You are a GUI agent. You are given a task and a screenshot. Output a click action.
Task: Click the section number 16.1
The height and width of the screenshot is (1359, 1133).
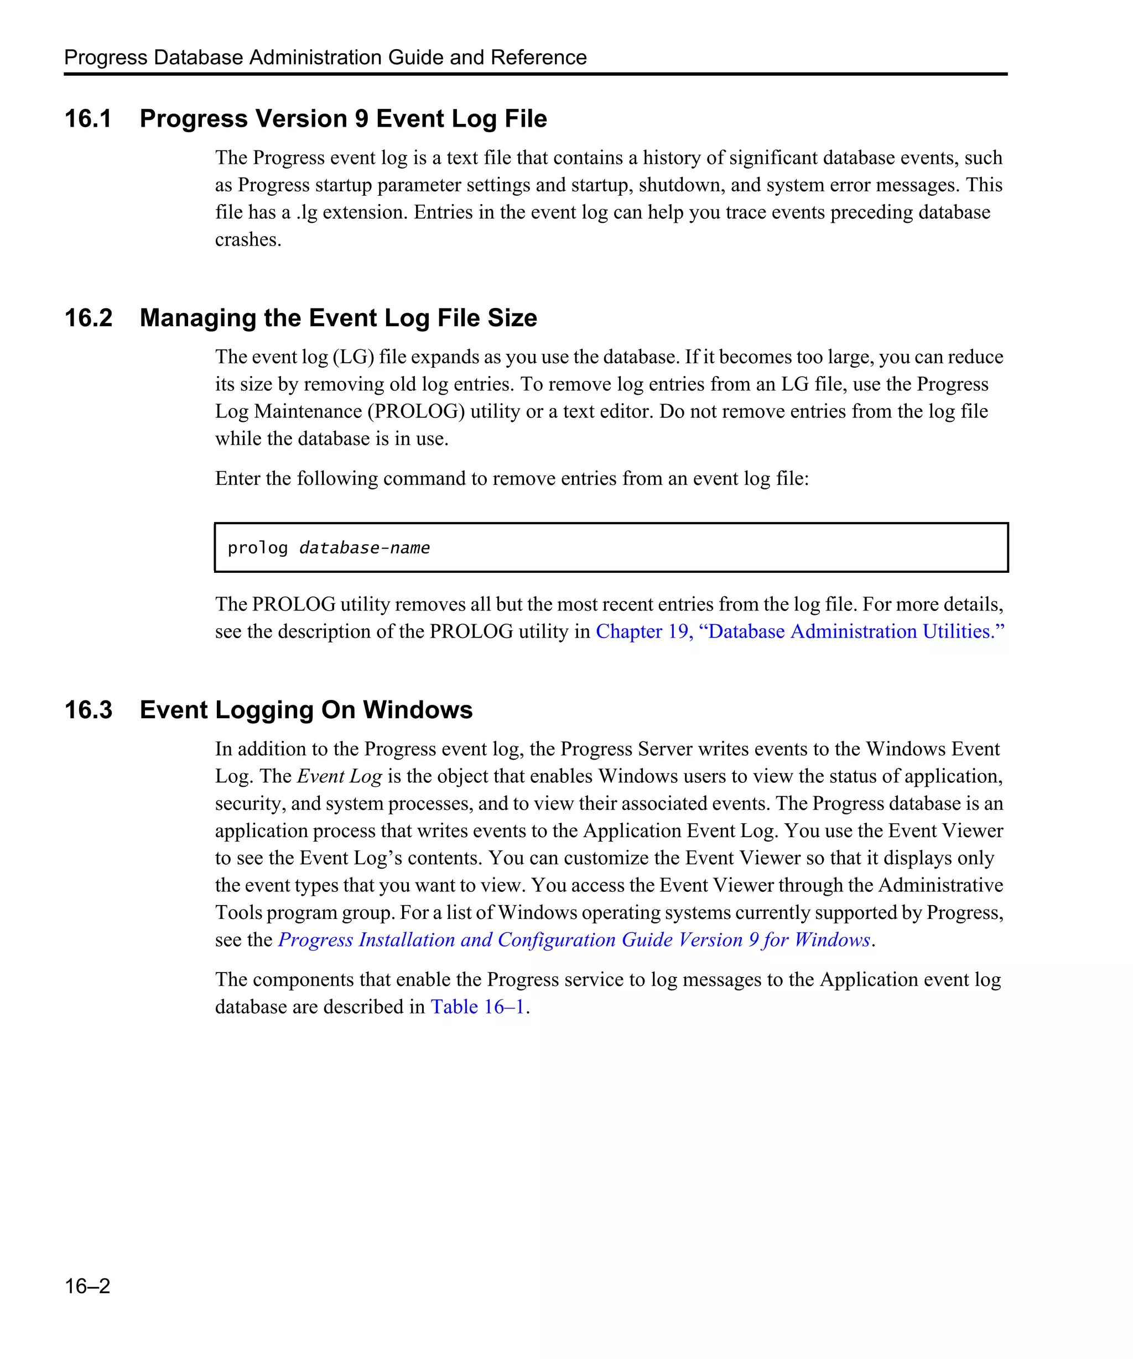(x=88, y=119)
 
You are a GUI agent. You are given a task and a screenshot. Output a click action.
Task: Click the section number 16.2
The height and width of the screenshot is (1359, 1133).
(x=88, y=318)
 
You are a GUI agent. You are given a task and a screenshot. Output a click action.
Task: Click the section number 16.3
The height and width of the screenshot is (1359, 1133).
(x=88, y=710)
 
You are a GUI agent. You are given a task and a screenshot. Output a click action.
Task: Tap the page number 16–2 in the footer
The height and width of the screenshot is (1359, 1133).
(x=87, y=1286)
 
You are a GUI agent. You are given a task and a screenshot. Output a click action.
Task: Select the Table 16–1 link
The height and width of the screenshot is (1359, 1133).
(x=478, y=1007)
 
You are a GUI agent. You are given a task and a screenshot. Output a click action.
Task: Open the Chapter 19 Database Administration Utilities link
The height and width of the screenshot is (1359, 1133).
(x=799, y=631)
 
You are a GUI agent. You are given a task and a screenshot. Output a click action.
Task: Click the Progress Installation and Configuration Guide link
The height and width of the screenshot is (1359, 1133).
(x=574, y=940)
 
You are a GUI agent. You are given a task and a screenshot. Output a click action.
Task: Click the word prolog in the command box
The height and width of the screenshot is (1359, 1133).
(x=257, y=548)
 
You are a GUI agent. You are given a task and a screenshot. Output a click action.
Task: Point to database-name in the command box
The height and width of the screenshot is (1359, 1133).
(x=365, y=548)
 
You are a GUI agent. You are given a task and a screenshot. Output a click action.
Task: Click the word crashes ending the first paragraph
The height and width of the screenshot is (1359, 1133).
(x=247, y=240)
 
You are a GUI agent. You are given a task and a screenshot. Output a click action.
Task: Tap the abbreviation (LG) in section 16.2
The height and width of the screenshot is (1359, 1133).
(x=354, y=357)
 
